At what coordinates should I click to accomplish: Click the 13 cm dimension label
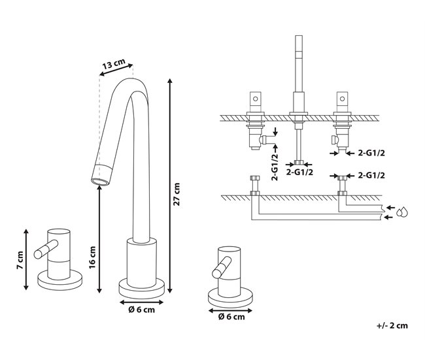coord(114,65)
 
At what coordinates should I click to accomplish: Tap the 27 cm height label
coord(177,194)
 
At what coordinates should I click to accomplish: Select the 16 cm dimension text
coord(92,257)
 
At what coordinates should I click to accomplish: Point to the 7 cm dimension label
coord(20,260)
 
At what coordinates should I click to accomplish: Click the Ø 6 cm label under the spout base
coord(141,310)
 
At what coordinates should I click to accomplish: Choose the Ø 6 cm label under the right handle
coord(231,317)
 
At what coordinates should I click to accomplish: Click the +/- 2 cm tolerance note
coord(392,325)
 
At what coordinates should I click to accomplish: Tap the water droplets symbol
coord(402,212)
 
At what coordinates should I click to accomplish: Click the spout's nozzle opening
coord(100,182)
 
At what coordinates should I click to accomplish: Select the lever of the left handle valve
coord(46,249)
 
